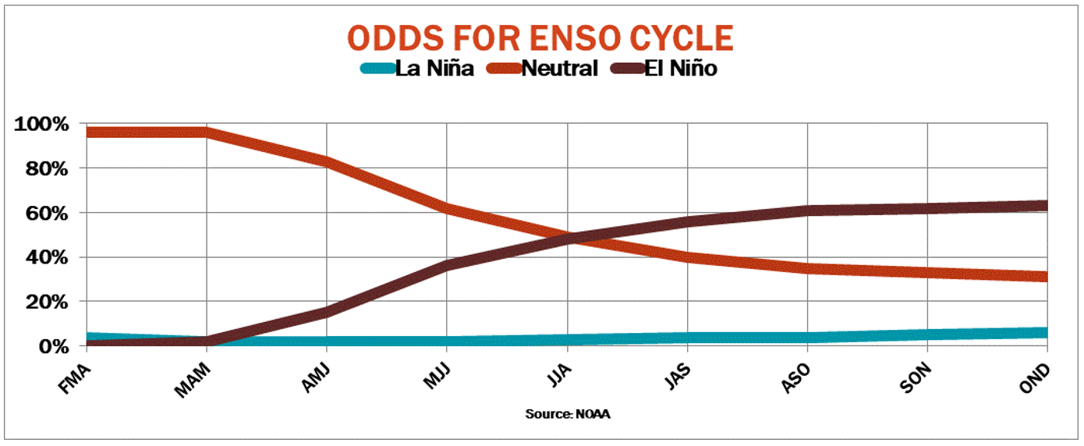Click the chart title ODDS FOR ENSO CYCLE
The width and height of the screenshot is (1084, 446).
click(540, 38)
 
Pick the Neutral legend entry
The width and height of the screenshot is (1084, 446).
click(558, 69)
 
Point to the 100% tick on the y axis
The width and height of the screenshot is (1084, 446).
click(42, 125)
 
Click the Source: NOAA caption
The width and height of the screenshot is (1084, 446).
click(567, 414)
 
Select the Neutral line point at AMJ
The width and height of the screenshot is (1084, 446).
click(327, 162)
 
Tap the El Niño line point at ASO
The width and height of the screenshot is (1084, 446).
click(808, 211)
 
